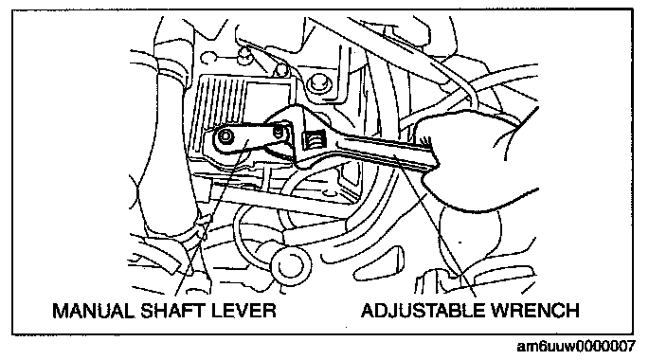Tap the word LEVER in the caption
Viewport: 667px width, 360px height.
243,310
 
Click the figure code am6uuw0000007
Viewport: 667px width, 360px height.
575,347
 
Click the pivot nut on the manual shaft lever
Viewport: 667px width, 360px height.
225,137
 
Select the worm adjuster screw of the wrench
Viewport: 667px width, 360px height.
313,139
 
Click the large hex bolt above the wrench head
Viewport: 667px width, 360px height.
316,83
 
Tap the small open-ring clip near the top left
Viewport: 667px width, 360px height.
207,57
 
